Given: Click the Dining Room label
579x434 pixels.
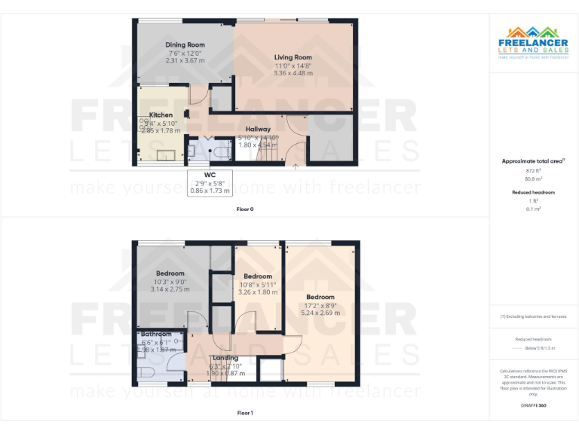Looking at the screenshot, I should pos(185,45).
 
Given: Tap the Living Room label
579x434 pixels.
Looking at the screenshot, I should pos(293,57).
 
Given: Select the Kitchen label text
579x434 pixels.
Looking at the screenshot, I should pos(161,115).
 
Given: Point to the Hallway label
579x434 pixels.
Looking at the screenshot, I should pos(258,129).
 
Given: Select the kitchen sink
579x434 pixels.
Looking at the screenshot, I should pos(164,155).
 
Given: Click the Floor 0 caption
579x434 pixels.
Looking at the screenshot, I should pos(245,209).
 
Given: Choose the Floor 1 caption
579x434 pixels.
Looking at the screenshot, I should pos(245,413).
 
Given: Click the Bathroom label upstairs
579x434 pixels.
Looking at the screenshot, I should pos(156,334).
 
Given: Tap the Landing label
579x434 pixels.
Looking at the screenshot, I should pos(225,358).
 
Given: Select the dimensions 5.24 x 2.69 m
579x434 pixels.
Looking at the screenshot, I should pos(321,313).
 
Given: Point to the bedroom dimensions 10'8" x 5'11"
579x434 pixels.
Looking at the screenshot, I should pos(257,284).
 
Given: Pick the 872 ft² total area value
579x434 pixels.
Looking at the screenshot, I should pos(533,171).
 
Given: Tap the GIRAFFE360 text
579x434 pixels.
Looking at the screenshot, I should pos(533,405).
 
